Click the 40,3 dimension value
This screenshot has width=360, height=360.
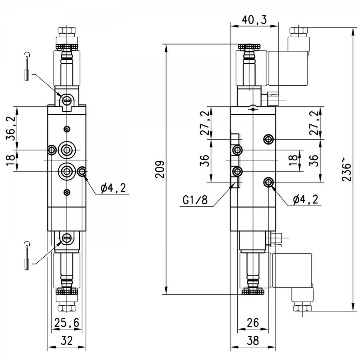pyautogui.click(x=255, y=20)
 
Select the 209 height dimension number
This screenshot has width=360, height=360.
pyautogui.click(x=160, y=170)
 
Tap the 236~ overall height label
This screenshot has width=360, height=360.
pyautogui.click(x=346, y=172)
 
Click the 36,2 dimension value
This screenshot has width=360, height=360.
pyautogui.click(x=10, y=128)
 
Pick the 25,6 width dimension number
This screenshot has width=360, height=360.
pyautogui.click(x=67, y=322)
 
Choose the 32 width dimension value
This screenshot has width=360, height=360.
pyautogui.click(x=67, y=340)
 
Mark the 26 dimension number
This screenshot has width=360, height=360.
pyautogui.click(x=253, y=322)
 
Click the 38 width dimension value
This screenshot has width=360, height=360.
pyautogui.click(x=253, y=340)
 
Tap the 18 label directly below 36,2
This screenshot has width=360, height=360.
pyautogui.click(x=10, y=160)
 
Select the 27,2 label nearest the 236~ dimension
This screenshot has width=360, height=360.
pyautogui.click(x=314, y=123)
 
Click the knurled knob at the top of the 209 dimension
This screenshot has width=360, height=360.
pyautogui.click(x=249, y=47)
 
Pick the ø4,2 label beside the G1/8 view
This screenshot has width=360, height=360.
pyautogui.click(x=306, y=200)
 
